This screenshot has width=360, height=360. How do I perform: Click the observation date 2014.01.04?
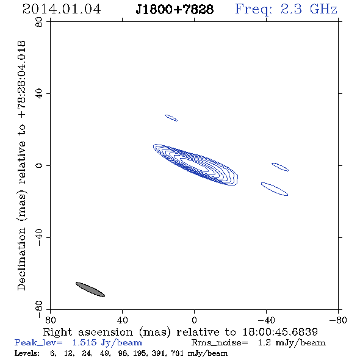(x=62, y=9)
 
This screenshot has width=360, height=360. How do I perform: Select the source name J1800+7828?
(x=175, y=9)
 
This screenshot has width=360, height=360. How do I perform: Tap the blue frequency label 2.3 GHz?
(x=309, y=9)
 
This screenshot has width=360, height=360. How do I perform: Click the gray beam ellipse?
(x=90, y=289)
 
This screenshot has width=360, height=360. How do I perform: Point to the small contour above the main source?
(x=171, y=118)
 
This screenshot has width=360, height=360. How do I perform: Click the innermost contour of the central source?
(x=195, y=165)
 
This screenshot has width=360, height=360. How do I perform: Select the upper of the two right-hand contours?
(x=280, y=167)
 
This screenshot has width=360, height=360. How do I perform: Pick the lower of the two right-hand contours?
(x=275, y=189)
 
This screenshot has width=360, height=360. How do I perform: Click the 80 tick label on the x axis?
(x=50, y=320)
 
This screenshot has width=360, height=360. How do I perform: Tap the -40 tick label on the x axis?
(x=266, y=320)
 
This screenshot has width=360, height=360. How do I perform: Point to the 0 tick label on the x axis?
(x=194, y=320)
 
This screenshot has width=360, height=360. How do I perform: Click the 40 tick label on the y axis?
(x=39, y=94)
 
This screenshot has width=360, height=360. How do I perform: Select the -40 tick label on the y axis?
(x=39, y=237)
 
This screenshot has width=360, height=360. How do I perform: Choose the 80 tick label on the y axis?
(x=39, y=22)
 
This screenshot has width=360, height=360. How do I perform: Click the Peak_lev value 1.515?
(x=84, y=342)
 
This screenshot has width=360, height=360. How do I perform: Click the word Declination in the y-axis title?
(x=21, y=259)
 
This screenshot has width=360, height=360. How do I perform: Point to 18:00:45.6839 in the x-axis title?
(x=280, y=332)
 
